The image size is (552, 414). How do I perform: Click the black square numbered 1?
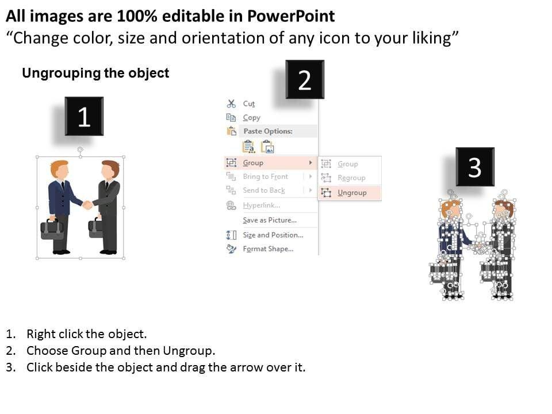coord(84,116)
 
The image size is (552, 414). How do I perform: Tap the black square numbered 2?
coord(305,79)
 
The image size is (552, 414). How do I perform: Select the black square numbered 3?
coord(475,167)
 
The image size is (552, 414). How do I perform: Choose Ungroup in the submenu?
coord(352,193)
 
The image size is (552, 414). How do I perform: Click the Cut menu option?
coord(249,103)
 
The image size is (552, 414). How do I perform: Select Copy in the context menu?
coord(251,117)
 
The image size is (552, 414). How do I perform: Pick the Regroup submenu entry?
coord(351,178)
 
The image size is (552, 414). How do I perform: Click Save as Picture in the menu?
coord(270,220)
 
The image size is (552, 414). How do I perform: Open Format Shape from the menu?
coord(268,249)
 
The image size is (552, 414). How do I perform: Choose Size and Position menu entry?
coord(273,235)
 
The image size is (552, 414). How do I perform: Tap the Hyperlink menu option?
coord(262,205)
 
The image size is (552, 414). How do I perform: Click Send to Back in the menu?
coord(264,190)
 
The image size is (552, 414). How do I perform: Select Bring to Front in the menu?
coord(266,177)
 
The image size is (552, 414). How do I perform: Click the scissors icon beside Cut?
coord(231,103)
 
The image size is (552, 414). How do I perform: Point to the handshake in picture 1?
coord(87,205)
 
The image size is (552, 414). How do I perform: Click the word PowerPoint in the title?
coord(291,16)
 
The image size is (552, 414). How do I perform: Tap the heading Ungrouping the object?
coord(96,73)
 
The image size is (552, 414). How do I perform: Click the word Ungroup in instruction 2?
coord(189,351)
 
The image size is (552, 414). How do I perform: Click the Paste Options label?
coord(268,131)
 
